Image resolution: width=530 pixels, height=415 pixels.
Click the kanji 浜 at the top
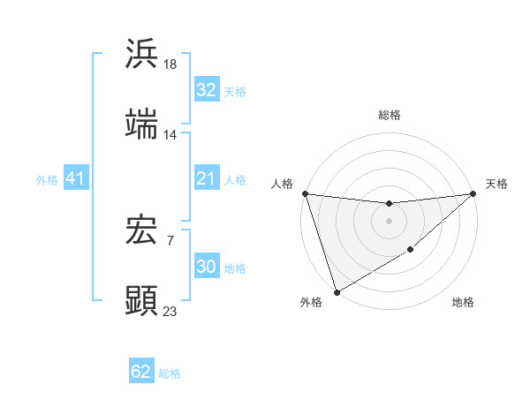pyautogui.click(x=142, y=53)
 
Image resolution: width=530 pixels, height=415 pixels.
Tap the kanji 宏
pyautogui.click(x=142, y=230)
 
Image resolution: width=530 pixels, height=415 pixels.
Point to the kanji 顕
pyautogui.click(x=142, y=300)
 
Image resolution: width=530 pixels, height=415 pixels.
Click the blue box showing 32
pyautogui.click(x=206, y=90)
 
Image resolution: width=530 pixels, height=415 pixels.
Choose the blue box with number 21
pyautogui.click(x=206, y=179)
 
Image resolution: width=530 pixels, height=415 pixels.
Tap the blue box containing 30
pyautogui.click(x=206, y=268)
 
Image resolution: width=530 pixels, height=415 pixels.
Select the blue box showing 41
pyautogui.click(x=76, y=179)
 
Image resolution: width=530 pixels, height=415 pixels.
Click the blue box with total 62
pyautogui.click(x=141, y=372)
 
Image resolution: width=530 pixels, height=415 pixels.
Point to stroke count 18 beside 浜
pyautogui.click(x=170, y=64)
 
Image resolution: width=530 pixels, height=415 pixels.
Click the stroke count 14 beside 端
pyautogui.click(x=170, y=135)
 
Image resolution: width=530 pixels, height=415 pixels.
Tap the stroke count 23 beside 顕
pyautogui.click(x=170, y=312)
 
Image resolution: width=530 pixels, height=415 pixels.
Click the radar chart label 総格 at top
pyautogui.click(x=390, y=115)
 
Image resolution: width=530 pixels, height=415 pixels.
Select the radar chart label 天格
pyautogui.click(x=496, y=184)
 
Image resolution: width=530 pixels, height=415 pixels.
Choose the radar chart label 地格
pyautogui.click(x=463, y=303)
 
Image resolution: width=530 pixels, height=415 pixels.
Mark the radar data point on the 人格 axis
pyautogui.click(x=305, y=193)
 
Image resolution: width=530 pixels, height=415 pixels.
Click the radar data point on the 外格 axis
pyautogui.click(x=337, y=292)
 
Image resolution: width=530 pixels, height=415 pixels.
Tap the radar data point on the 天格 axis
pyautogui.click(x=473, y=193)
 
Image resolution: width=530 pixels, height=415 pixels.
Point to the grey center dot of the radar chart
pyautogui.click(x=390, y=221)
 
